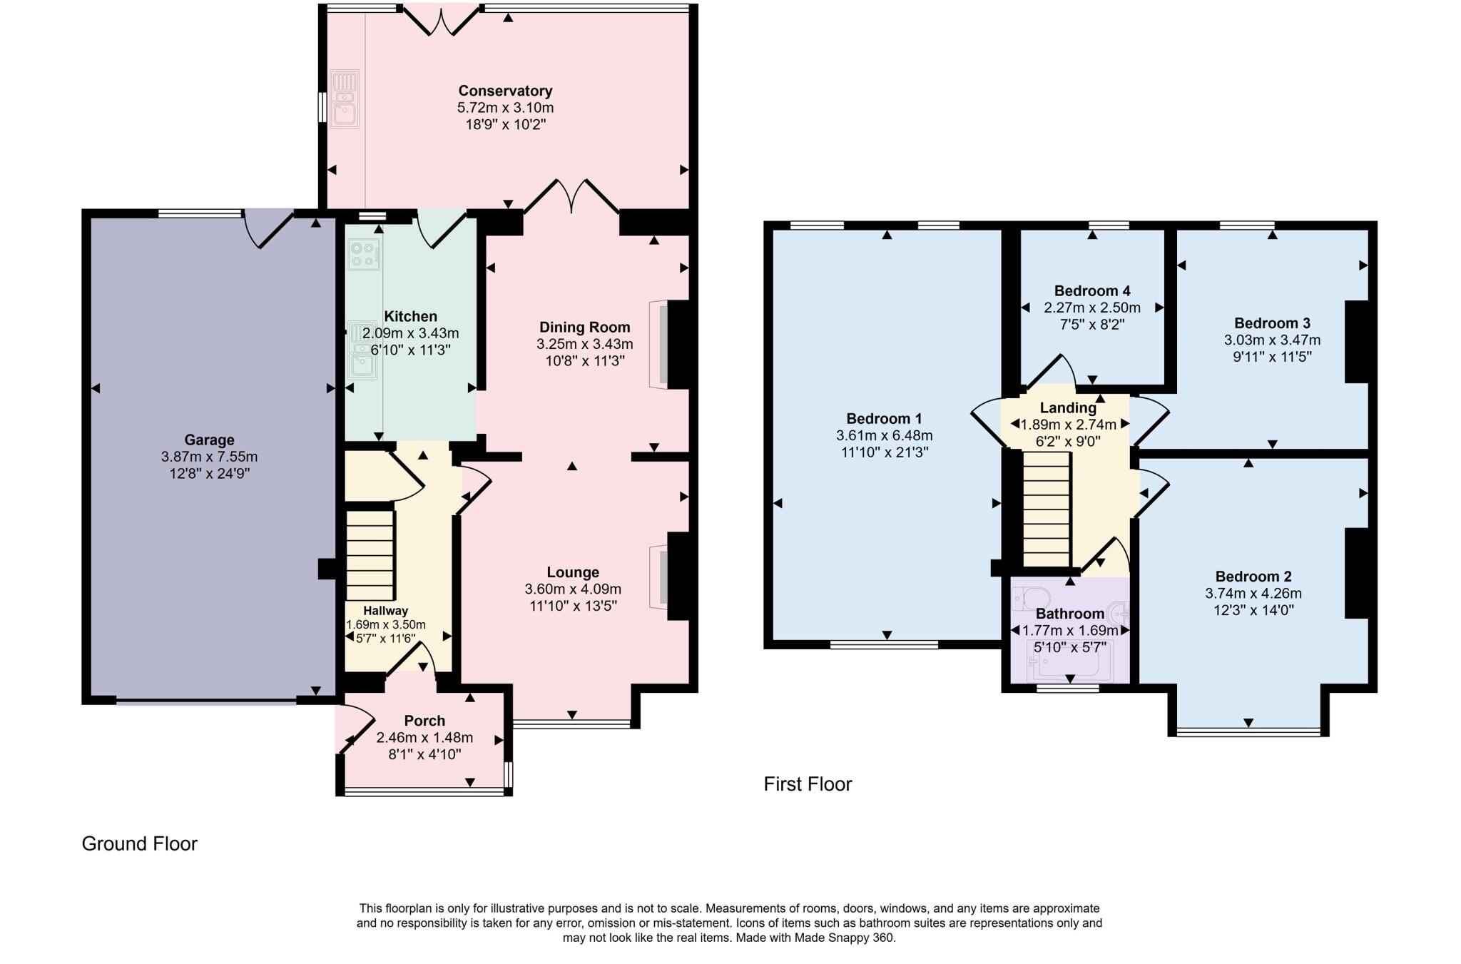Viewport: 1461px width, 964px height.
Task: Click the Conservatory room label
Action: point(505,91)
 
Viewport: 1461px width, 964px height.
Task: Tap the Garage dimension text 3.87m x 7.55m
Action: point(209,457)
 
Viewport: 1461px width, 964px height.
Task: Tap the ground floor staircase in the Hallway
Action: point(370,555)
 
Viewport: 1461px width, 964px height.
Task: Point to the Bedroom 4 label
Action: point(1091,291)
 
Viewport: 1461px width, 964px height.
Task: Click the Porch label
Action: point(424,721)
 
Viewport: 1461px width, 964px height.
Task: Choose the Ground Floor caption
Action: point(140,843)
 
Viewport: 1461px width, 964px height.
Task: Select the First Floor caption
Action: point(808,784)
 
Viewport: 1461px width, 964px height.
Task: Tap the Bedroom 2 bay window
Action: point(1248,731)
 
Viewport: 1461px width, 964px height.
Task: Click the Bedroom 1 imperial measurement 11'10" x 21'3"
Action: point(884,452)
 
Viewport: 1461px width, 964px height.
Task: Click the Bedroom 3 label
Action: point(1272,323)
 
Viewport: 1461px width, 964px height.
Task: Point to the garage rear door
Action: point(268,227)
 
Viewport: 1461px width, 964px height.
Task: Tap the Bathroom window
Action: point(1067,689)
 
